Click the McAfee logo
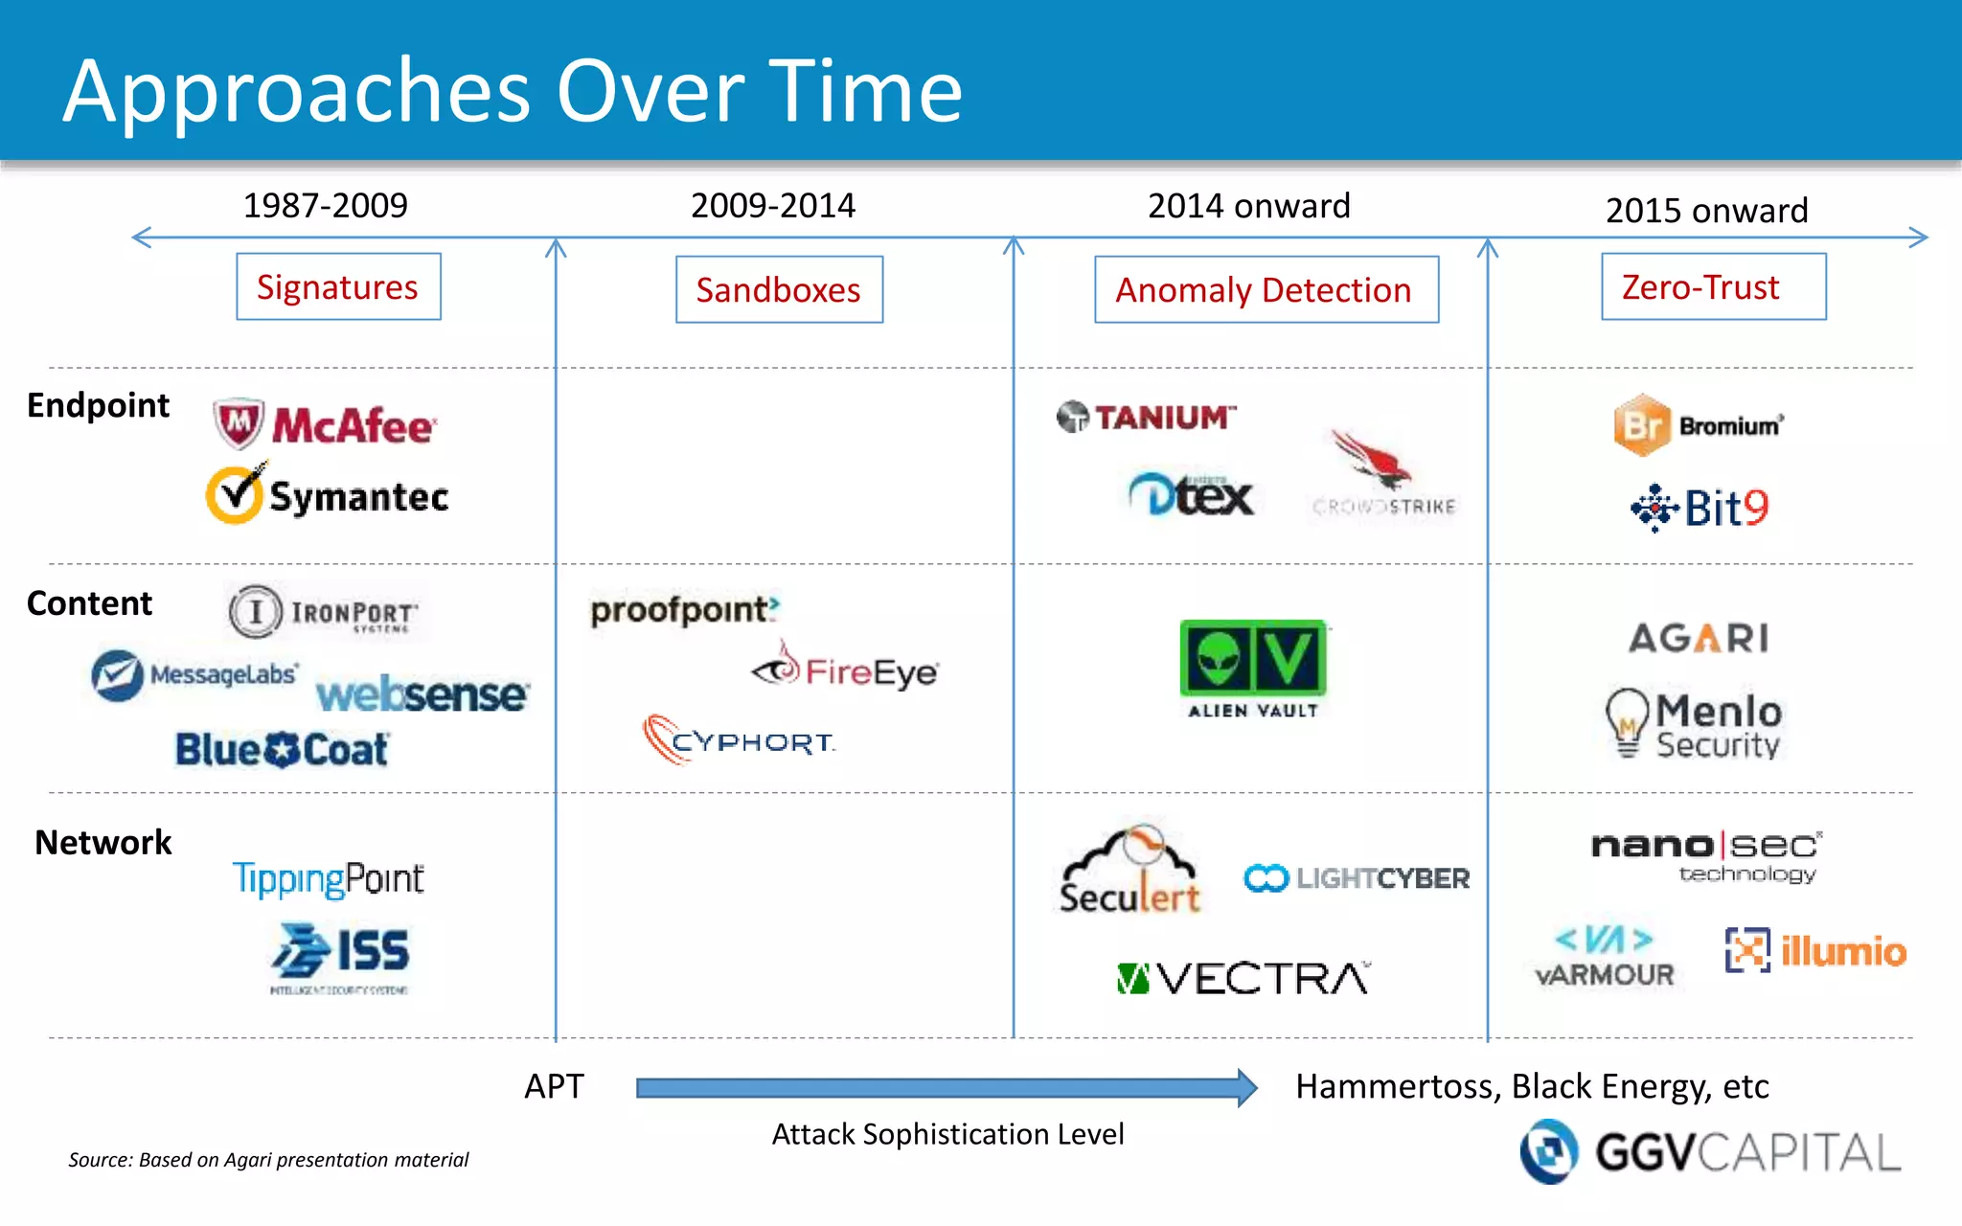(x=325, y=424)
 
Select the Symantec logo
(x=328, y=495)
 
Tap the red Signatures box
(x=338, y=287)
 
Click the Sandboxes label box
(x=779, y=289)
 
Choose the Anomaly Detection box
(x=1266, y=289)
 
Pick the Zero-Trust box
(x=1713, y=287)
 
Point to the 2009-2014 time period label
(x=772, y=205)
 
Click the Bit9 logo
(x=1700, y=508)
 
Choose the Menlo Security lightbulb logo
(x=1694, y=725)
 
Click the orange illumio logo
(x=1815, y=950)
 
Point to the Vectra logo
(x=1243, y=978)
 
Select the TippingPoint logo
(x=328, y=878)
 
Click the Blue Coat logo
(x=282, y=749)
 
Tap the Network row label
(x=103, y=842)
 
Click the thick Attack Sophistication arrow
(x=944, y=1087)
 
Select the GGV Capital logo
(x=1710, y=1151)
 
